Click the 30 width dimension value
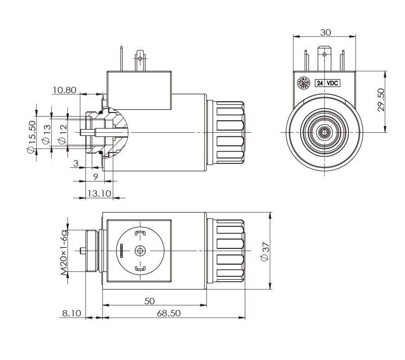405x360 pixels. (326, 32)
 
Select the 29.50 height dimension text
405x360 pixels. (381, 100)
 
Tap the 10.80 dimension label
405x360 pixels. (64, 90)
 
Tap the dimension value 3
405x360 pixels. (76, 162)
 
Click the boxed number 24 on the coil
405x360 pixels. (320, 83)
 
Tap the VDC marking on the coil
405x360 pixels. (333, 83)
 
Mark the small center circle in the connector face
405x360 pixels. (141, 251)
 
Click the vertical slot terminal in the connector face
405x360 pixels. (121, 251)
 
